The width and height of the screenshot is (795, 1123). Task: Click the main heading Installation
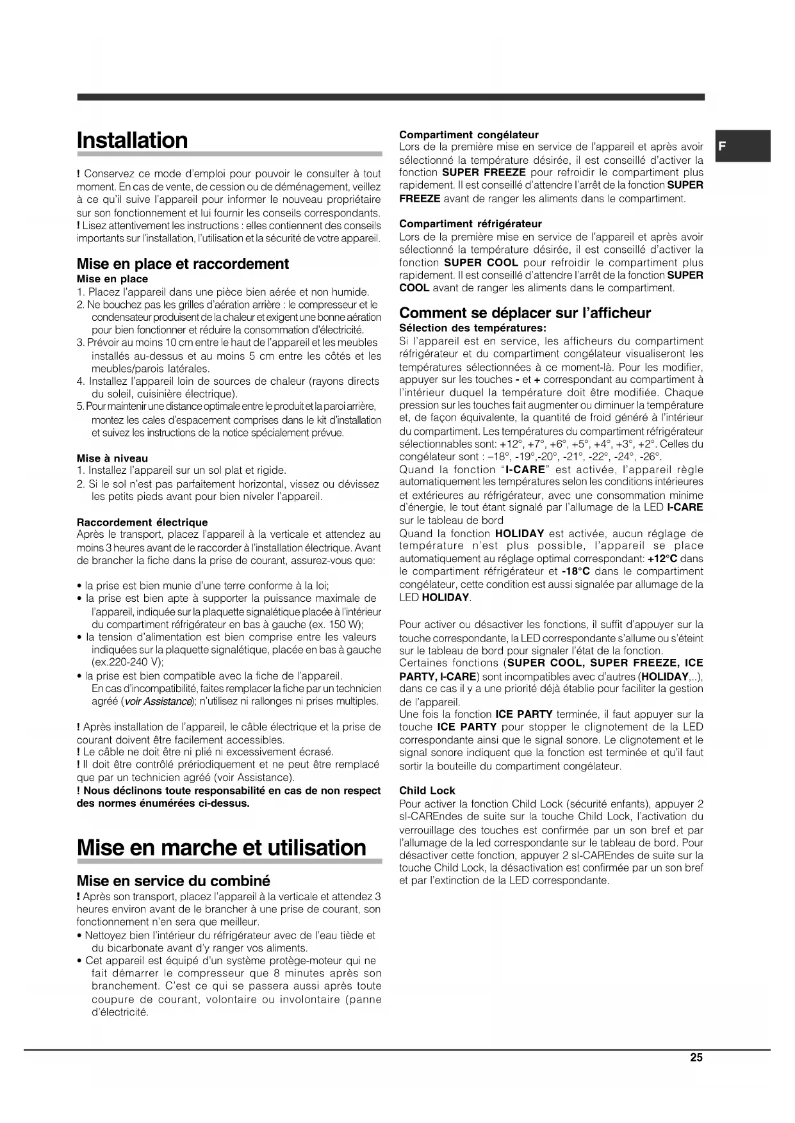point(132,140)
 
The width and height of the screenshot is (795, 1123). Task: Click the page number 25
point(696,1058)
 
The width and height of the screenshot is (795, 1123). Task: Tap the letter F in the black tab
point(722,146)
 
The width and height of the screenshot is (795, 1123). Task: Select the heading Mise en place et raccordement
point(183,264)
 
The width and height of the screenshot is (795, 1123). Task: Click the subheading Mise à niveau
point(112,458)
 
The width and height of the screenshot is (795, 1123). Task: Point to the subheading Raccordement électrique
point(142,522)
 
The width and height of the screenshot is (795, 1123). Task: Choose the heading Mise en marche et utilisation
point(221,847)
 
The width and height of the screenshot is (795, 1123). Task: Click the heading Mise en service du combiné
point(173,880)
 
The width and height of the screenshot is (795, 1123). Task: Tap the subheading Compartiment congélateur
point(469,134)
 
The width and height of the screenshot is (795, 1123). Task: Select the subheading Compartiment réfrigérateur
point(470,223)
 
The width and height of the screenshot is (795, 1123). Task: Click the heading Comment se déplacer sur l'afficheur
point(525,313)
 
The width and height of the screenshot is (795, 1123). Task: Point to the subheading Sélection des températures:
point(472,328)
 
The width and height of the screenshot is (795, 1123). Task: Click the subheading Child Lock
point(427,790)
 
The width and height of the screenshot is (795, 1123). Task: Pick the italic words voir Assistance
point(158,701)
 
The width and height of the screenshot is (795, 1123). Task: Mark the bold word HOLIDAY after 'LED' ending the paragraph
point(445,597)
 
